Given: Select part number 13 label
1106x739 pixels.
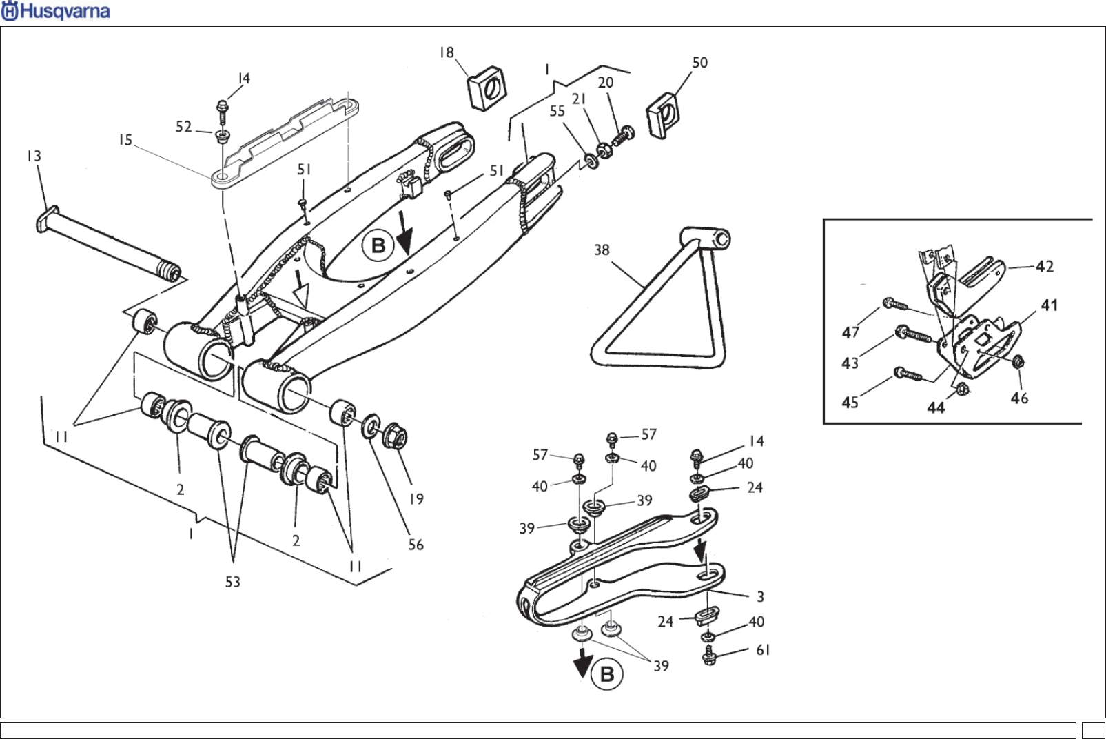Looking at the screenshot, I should pos(34,156).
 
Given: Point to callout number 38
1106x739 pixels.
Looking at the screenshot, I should pos(602,250).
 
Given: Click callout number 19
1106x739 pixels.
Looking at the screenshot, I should pos(416,498).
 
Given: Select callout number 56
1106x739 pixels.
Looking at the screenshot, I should pos(416,545).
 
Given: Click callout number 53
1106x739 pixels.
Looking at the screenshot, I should pos(233,583).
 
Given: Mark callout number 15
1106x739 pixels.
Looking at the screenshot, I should pos(125,141).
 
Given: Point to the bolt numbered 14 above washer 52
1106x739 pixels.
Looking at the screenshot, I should pos(222,108).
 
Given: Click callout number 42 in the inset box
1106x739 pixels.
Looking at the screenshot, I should pos(1045,266).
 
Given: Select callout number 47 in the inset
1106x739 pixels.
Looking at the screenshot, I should pos(850,332).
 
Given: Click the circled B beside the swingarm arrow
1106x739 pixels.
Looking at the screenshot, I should pos(378,245).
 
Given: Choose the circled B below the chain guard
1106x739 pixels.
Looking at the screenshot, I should pos(607,674).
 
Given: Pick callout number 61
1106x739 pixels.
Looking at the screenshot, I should pos(763,650).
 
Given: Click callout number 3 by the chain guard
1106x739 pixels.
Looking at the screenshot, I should pos(760,597).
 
